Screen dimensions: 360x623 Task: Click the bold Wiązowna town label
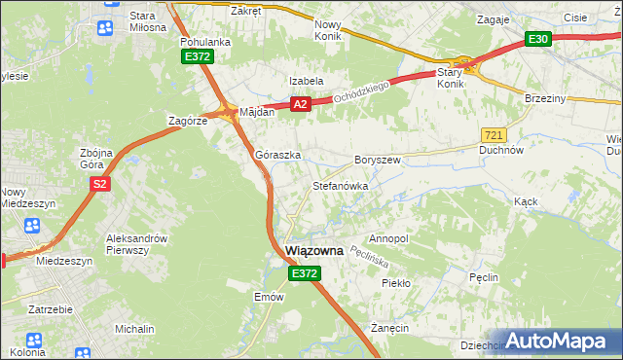tap(314, 251)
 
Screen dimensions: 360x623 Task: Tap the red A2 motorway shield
tap(299, 104)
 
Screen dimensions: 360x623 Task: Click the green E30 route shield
tap(538, 39)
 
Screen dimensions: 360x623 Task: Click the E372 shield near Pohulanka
tap(198, 58)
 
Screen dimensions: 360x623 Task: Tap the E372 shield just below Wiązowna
tap(303, 275)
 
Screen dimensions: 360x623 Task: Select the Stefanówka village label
tap(339, 185)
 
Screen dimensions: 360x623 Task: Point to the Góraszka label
tap(277, 155)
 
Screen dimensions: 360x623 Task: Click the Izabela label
tap(305, 81)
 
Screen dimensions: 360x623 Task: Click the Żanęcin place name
tap(388, 329)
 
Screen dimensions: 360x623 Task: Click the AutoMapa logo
tap(559, 341)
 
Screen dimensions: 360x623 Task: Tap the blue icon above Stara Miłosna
tap(103, 28)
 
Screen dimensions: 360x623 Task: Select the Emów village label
tap(268, 297)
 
